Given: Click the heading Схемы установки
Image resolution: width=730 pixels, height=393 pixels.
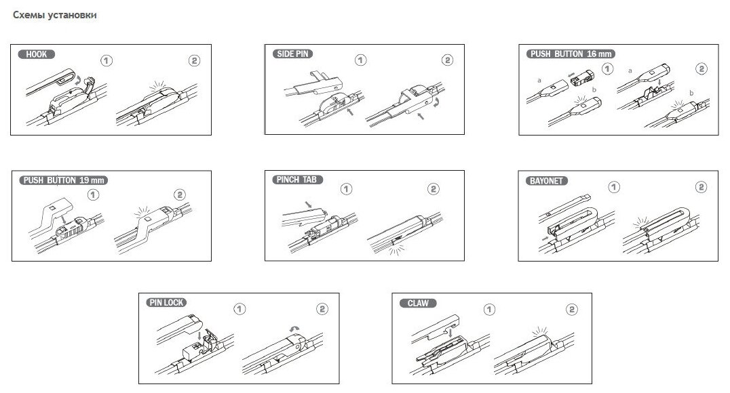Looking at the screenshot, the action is (54, 16).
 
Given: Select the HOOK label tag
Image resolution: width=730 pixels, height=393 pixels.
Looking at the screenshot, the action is (37, 54).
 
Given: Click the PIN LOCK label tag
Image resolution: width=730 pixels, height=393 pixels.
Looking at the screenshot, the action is (166, 303).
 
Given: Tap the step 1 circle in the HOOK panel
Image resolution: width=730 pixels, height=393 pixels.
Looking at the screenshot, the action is (106, 60).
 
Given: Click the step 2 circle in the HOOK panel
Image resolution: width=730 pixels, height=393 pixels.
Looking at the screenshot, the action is (193, 60).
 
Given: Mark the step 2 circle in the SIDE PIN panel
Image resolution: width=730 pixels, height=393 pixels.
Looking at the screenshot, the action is (447, 60).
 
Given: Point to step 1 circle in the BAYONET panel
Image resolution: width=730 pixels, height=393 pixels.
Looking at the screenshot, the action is (614, 186).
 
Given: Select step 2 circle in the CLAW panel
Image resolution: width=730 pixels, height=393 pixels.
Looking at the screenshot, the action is (571, 309).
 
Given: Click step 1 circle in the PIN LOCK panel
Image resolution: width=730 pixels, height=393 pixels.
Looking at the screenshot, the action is (238, 309).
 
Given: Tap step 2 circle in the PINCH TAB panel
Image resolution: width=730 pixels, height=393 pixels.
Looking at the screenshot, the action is (434, 188).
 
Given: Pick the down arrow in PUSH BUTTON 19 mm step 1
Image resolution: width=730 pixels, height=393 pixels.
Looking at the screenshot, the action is (62, 218).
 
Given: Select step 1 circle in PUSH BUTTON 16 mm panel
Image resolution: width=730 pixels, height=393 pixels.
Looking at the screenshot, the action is (607, 68).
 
